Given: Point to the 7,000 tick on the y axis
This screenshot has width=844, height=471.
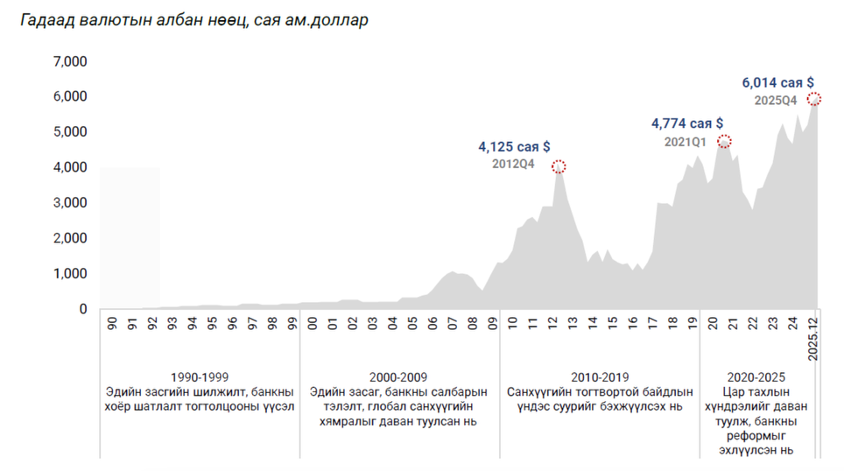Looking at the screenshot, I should [x=69, y=62].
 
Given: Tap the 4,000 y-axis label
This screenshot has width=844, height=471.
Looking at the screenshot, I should [x=69, y=167].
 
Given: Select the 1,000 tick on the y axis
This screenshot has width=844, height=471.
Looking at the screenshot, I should [x=69, y=273].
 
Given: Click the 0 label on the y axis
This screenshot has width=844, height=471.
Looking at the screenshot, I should [x=83, y=309].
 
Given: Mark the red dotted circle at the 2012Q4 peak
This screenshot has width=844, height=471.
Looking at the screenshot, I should [x=559, y=166].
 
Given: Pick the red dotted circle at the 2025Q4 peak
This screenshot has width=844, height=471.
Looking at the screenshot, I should [x=814, y=99].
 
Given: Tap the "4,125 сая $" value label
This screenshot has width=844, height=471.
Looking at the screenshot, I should [x=514, y=147].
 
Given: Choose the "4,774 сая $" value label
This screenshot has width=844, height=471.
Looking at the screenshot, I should [x=687, y=123].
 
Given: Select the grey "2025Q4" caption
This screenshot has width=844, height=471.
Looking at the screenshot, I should [x=775, y=101].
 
